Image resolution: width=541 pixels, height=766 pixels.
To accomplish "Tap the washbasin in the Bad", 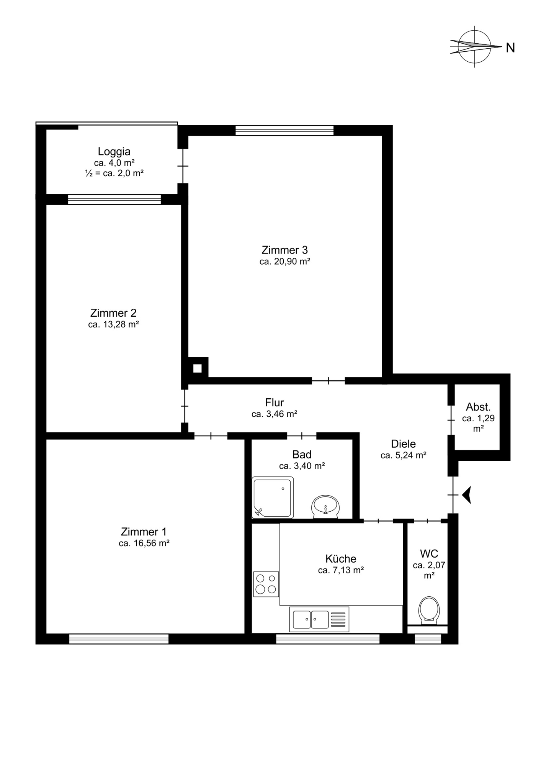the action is click(325, 507).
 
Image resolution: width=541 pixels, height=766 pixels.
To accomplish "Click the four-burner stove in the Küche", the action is click(266, 584).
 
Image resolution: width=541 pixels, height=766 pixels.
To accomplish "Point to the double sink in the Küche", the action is click(319, 619).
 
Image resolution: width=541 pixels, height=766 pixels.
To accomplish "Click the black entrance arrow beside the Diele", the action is click(466, 495).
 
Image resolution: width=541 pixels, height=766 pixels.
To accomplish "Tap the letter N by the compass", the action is click(510, 48).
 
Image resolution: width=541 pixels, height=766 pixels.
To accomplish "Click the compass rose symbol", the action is click(475, 47).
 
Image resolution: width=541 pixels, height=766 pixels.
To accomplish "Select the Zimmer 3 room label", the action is click(284, 250).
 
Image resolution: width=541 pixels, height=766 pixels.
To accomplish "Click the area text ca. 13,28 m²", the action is click(113, 324).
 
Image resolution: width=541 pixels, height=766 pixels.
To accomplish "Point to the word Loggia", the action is click(114, 152).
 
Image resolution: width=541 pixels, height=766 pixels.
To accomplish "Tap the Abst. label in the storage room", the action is click(478, 407).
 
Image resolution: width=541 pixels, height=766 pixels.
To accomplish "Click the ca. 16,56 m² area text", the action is click(144, 543).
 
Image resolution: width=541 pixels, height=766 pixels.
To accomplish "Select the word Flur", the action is click(275, 403).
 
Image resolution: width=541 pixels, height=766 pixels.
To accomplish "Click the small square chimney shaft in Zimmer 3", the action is click(198, 368).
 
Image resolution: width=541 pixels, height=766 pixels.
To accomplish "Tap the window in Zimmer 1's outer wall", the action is click(119, 639).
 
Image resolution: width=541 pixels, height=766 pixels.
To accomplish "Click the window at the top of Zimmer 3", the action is click(284, 131).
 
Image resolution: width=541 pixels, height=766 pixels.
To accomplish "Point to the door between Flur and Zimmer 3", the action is click(329, 381).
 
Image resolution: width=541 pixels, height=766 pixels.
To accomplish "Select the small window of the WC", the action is click(428, 639).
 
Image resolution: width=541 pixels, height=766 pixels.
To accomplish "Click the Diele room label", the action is click(404, 444).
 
